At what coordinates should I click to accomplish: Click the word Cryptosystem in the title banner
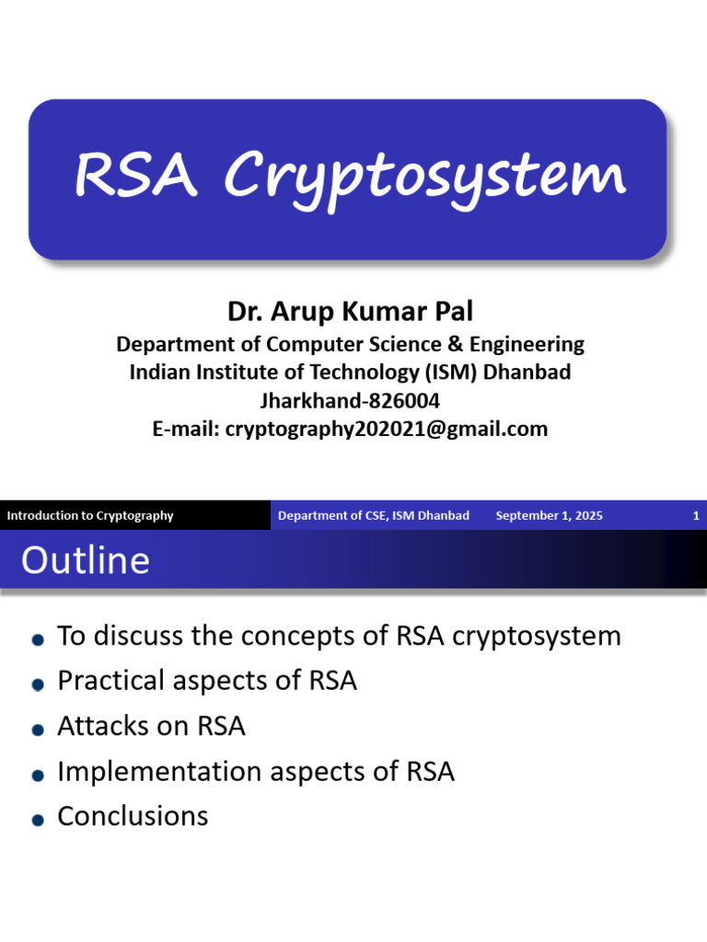click(x=425, y=178)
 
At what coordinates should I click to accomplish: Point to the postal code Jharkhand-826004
click(x=350, y=400)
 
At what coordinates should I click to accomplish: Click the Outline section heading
click(x=86, y=560)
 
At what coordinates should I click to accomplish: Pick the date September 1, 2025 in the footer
click(x=549, y=515)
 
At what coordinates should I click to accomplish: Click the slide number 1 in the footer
click(x=696, y=515)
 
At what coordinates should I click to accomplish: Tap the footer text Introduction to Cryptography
click(x=90, y=515)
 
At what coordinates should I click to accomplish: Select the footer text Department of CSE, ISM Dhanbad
click(x=374, y=515)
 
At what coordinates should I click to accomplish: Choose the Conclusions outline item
click(x=133, y=816)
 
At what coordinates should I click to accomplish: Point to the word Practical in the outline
click(x=108, y=682)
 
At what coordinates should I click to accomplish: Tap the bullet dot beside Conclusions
click(x=38, y=819)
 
